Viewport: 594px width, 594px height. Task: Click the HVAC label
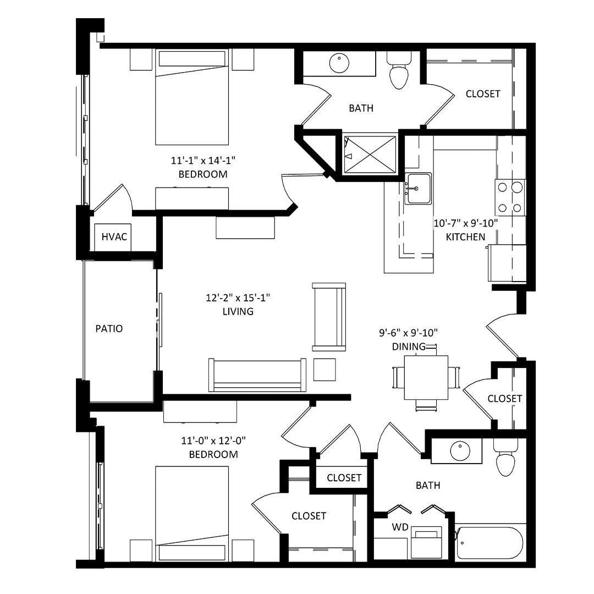pos(114,237)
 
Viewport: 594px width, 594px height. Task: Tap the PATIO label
pos(109,328)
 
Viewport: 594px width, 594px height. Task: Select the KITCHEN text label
pos(465,237)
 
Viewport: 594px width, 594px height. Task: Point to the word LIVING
pos(238,311)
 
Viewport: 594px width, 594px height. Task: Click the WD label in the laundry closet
pos(400,527)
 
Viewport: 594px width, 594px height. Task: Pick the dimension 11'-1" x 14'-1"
pos(203,161)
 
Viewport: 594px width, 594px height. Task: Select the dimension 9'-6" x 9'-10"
pos(408,333)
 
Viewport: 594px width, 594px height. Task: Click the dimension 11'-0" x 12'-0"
pos(213,441)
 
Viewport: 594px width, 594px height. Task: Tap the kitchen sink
pos(418,188)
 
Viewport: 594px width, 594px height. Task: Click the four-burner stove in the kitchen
pos(510,197)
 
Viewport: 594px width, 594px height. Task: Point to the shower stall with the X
pos(370,155)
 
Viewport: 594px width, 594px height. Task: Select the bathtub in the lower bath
pos(490,542)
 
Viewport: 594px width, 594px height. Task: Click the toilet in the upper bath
pos(399,70)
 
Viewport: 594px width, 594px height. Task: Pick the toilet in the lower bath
pos(505,457)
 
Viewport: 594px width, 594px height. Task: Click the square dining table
pos(426,378)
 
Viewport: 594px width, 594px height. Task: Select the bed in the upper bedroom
pos(192,97)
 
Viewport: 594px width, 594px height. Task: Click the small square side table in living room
pos(324,370)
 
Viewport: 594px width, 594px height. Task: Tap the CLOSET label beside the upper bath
pos(483,94)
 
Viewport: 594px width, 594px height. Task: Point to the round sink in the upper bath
pos(339,63)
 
